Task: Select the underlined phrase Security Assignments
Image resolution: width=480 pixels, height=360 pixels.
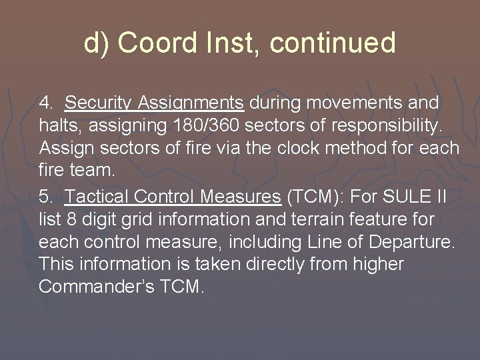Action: pyautogui.click(x=155, y=103)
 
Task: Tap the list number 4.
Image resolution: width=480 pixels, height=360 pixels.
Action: pyautogui.click(x=45, y=103)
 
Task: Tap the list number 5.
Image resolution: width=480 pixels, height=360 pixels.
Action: pyautogui.click(x=45, y=197)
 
